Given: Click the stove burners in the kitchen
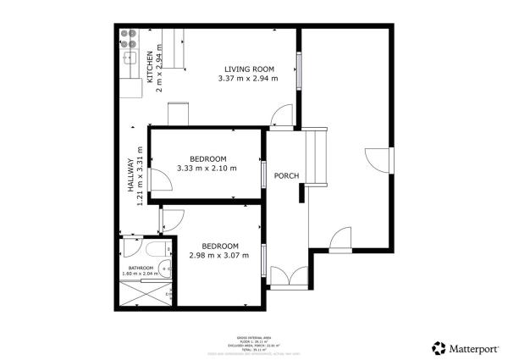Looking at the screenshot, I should (x=130, y=38).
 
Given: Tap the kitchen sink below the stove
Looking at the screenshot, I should (x=130, y=58).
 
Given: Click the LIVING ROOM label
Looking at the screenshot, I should (x=249, y=69).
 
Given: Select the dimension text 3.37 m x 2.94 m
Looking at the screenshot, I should (x=248, y=79).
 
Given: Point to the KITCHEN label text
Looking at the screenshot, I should (x=151, y=67).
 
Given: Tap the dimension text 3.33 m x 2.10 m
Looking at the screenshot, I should (x=207, y=168).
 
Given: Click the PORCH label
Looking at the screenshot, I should (x=286, y=176).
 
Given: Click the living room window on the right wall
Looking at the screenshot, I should (x=298, y=67).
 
